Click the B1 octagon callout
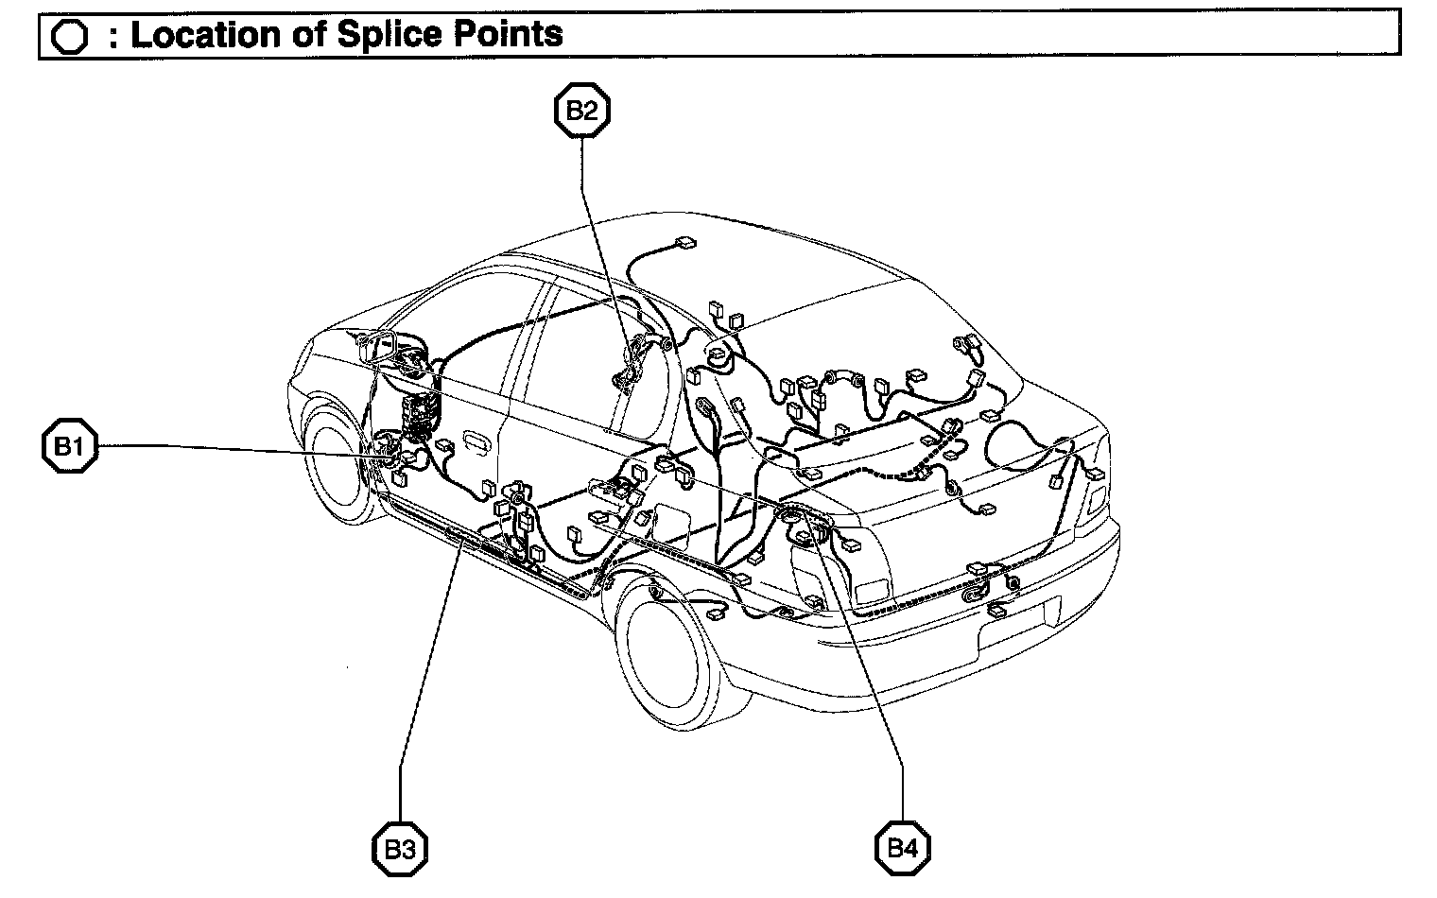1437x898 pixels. tap(69, 447)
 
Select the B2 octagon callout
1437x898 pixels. tap(580, 111)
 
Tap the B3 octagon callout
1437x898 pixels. tap(399, 848)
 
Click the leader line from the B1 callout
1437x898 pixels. tap(236, 451)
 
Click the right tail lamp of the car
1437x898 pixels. tap(1095, 492)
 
